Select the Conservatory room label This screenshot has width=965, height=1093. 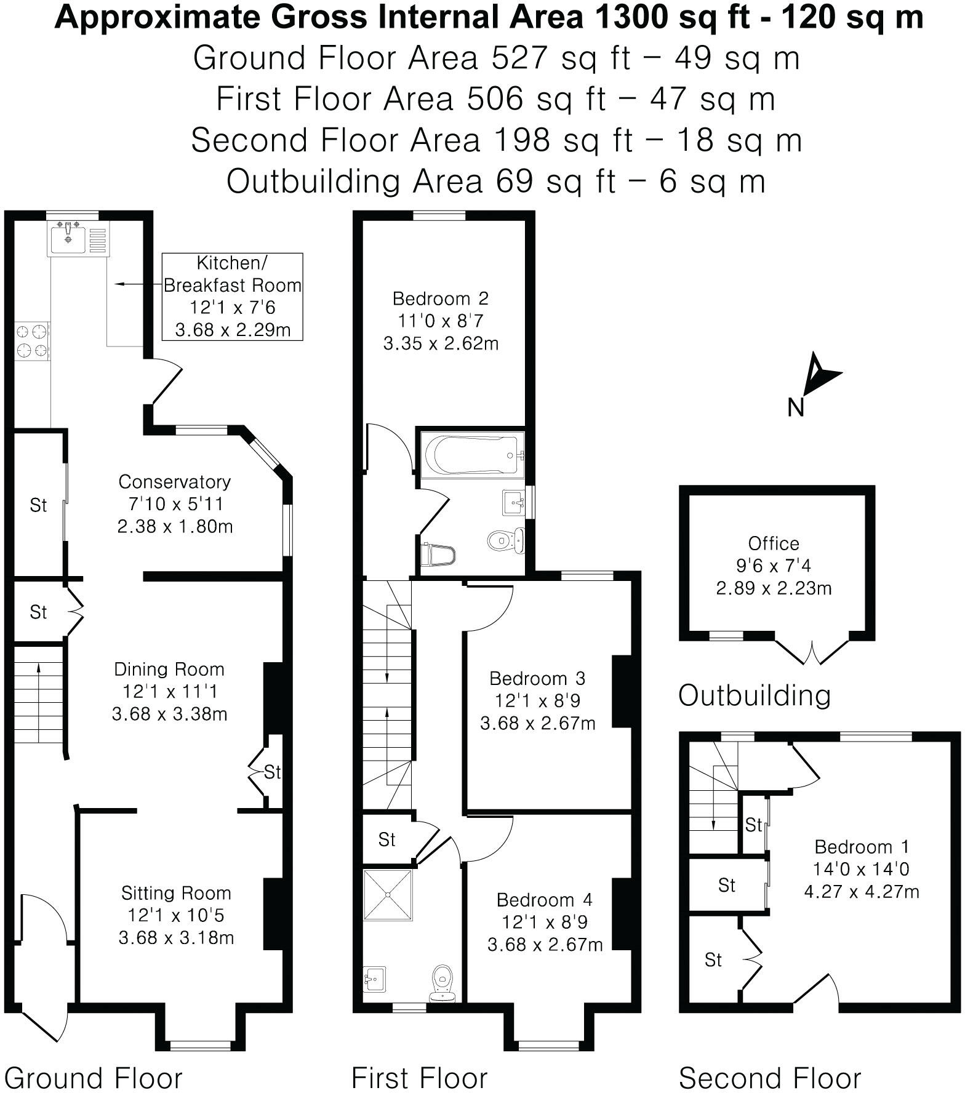(x=175, y=481)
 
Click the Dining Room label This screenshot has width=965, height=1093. (x=169, y=669)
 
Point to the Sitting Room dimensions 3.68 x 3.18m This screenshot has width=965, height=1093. (x=176, y=937)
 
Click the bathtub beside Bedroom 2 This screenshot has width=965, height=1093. (x=471, y=455)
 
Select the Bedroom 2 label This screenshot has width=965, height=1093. (x=441, y=298)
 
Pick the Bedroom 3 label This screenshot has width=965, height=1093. (x=537, y=678)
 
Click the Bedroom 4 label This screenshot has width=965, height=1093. (x=545, y=900)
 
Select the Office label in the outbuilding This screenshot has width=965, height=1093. (x=774, y=543)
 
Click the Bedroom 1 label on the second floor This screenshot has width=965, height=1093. (x=861, y=847)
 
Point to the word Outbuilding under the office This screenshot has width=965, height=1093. (x=755, y=695)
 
